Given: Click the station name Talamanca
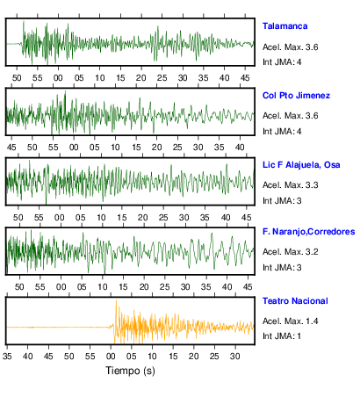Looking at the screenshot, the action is (284, 26).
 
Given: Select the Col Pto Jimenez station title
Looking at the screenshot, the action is (296, 96).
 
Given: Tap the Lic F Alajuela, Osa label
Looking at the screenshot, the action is (301, 165).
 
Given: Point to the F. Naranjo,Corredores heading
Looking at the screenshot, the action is (309, 232).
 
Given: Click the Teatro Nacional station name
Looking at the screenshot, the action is (295, 301).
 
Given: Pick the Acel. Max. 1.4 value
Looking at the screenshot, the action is (290, 321).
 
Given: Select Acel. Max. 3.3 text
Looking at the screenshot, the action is (290, 185).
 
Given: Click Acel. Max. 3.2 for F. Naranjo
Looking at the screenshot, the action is (290, 252).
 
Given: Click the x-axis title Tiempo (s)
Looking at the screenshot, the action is (130, 371).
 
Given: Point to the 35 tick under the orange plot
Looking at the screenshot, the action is (7, 357).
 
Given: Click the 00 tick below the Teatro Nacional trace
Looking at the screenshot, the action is (111, 357).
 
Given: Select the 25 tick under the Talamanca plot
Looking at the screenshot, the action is (162, 78).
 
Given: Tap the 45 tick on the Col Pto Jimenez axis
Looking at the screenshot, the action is (11, 148).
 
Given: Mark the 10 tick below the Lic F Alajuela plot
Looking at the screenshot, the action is (101, 218).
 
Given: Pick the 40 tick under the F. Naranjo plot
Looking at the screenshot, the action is (227, 287).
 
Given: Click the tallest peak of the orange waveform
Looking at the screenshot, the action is (116, 300).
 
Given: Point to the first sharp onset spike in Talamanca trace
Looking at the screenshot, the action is (24, 22).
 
